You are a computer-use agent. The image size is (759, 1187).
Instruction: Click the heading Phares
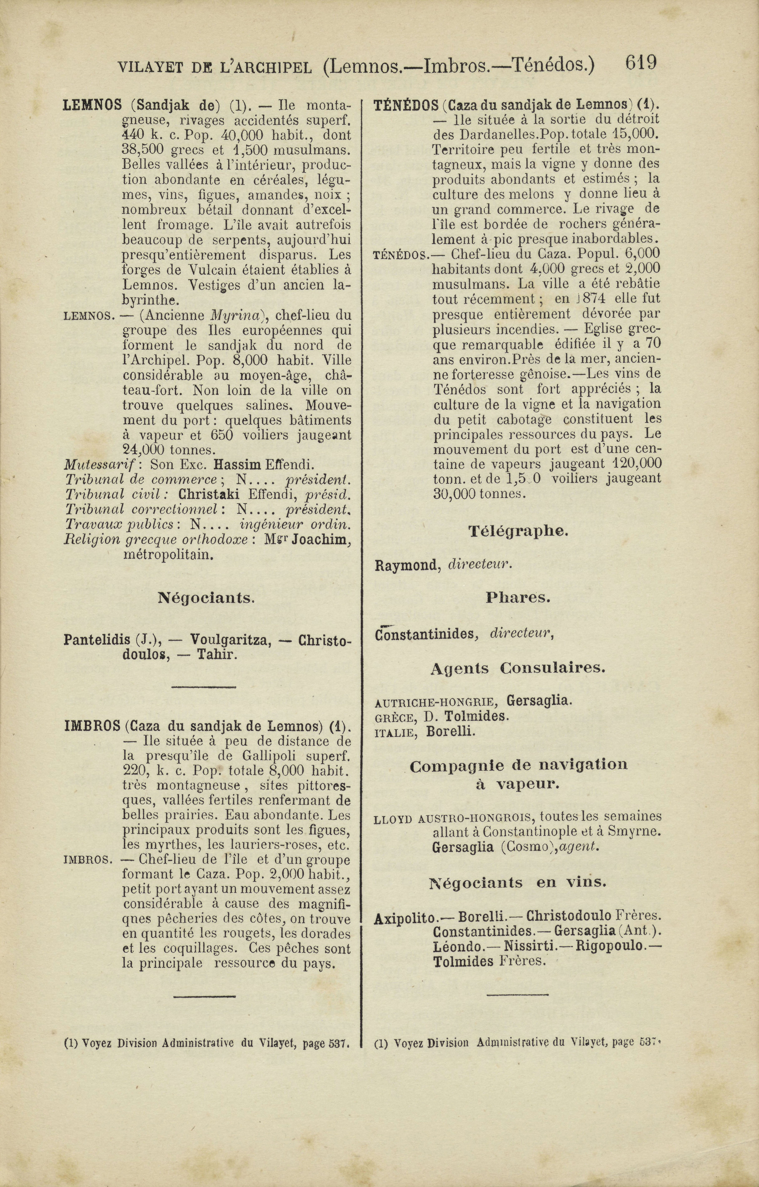518,598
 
